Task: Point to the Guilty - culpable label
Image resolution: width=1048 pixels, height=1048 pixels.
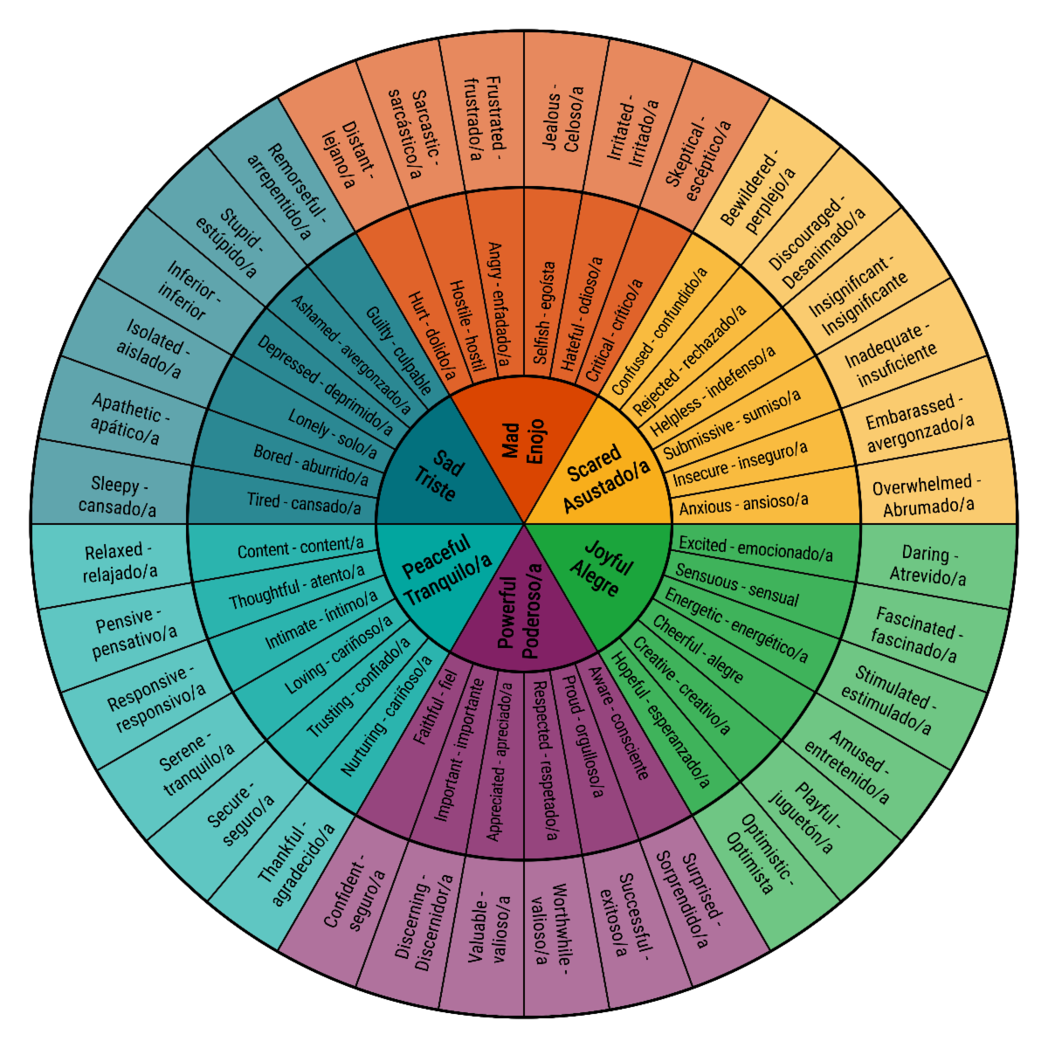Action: pyautogui.click(x=398, y=350)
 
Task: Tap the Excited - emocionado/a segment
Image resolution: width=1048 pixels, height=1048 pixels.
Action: pyautogui.click(x=756, y=548)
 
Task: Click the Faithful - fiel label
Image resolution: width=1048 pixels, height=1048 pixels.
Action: pyautogui.click(x=435, y=708)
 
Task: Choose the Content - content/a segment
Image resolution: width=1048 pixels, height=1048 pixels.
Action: pyautogui.click(x=300, y=547)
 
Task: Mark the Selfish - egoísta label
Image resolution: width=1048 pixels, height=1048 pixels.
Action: pyautogui.click(x=543, y=313)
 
